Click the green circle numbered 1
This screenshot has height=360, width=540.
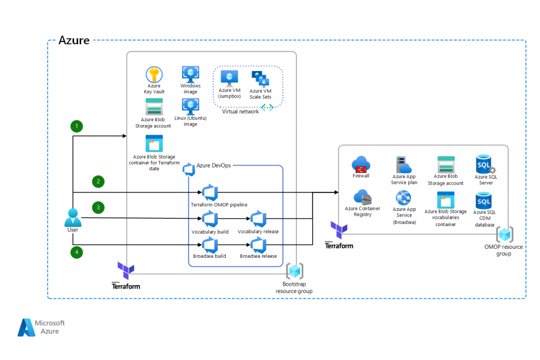coord(78,126)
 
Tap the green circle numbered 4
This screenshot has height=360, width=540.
coord(78,252)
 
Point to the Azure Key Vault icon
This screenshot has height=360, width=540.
coord(155,74)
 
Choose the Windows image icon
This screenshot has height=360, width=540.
coord(190,74)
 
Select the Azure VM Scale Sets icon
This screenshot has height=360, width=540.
coord(260,79)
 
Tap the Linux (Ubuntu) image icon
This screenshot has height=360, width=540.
coord(190,105)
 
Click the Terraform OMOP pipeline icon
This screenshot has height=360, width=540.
coord(210,192)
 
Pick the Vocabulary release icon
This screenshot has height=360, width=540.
coord(258,219)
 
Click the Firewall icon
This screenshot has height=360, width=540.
coord(361,164)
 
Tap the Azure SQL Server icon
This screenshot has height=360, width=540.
coord(484,164)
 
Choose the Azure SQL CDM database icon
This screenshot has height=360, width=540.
coord(484,201)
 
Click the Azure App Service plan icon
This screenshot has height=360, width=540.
coord(404,164)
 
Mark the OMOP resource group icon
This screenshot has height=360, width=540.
coord(505,234)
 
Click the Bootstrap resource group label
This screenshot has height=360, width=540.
coord(294,288)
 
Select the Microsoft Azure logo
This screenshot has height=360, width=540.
coord(41,327)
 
